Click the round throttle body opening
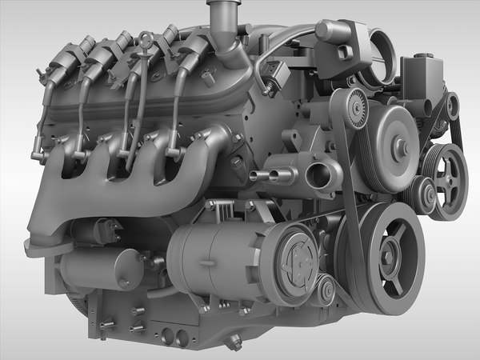click(x=373, y=55)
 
